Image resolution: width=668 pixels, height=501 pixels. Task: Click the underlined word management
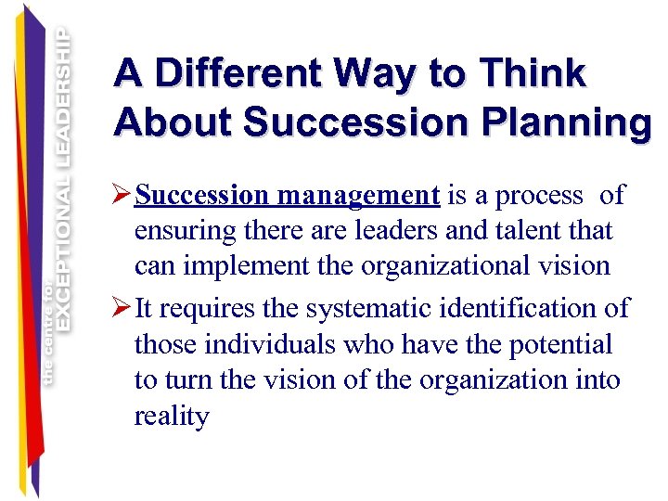click(358, 196)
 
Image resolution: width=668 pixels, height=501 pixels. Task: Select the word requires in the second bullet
click(205, 307)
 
